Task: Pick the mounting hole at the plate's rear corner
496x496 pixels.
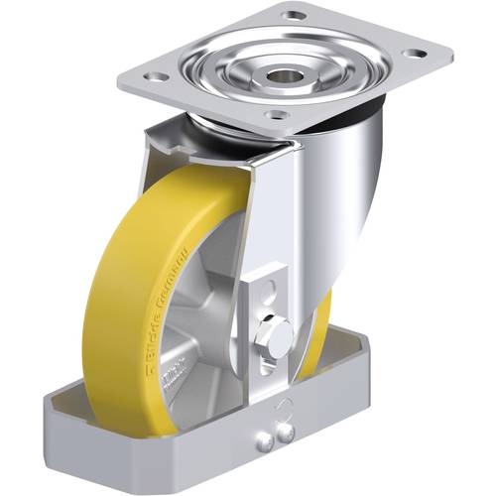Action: coord(294,15)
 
